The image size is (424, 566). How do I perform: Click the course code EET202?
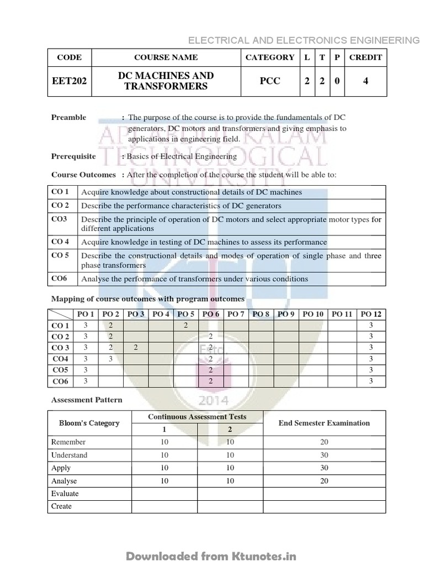[x=69, y=81]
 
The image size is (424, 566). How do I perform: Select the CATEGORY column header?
[x=270, y=57]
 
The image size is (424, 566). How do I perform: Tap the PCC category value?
[x=270, y=81]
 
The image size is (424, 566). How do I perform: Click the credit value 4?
[x=365, y=81]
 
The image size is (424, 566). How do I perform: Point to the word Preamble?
[x=68, y=117]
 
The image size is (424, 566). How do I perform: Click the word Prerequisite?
[x=73, y=156]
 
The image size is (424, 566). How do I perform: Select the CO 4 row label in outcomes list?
[x=60, y=242]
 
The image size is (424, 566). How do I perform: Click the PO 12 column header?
[x=371, y=314]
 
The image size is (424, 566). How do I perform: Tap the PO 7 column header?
[x=236, y=314]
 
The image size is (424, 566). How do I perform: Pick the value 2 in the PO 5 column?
[x=187, y=325]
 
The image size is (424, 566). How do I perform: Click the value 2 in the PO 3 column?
[x=136, y=347]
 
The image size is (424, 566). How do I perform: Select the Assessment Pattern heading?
[x=87, y=400]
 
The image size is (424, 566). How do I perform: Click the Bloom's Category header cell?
[x=89, y=423]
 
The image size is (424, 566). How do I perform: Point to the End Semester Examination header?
[x=324, y=423]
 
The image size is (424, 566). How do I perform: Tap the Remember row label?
[x=68, y=442]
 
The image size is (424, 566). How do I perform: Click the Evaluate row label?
[x=65, y=494]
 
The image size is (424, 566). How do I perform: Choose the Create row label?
[x=62, y=506]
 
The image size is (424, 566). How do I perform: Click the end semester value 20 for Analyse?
[x=324, y=481]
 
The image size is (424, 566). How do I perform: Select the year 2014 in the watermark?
[x=212, y=400]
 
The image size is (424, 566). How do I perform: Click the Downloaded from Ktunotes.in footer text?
[x=212, y=555]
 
